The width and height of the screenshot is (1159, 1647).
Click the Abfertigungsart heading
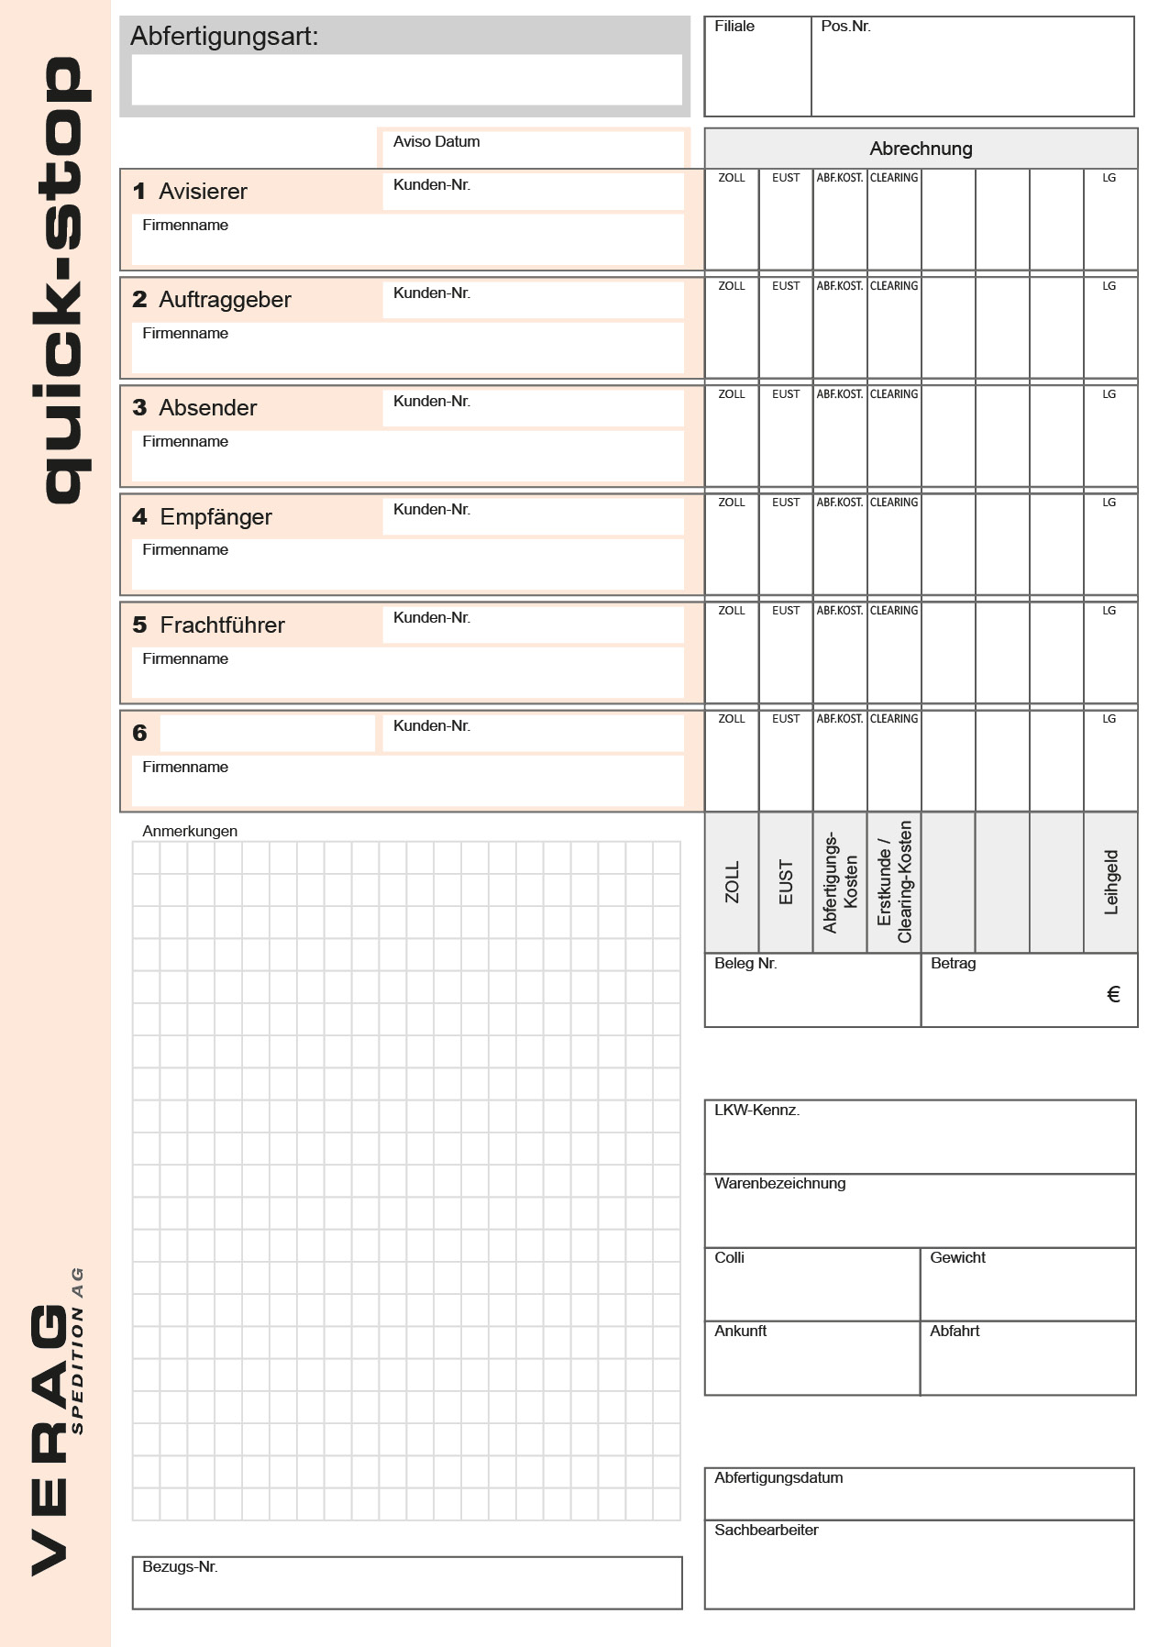click(224, 37)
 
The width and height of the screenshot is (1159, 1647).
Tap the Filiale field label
click(734, 27)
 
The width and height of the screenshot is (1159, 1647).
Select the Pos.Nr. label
click(844, 27)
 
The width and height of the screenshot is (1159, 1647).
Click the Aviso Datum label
click(436, 141)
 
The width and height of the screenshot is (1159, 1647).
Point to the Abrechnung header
click(920, 149)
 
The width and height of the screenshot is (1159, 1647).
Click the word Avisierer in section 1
click(203, 192)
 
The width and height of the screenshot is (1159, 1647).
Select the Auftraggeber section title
click(225, 300)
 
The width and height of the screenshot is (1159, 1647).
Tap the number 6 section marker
click(139, 733)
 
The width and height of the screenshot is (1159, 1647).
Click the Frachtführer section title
click(222, 625)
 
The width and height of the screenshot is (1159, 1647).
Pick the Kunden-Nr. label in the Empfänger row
click(431, 510)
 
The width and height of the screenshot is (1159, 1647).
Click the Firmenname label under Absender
click(184, 442)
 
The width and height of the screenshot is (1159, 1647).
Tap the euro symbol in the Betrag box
click(1113, 995)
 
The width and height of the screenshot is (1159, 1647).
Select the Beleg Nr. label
click(745, 964)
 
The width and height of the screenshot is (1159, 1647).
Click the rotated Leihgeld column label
click(1111, 882)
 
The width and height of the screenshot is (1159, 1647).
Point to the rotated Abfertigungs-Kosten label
click(840, 882)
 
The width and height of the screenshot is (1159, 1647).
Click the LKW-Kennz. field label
click(756, 1111)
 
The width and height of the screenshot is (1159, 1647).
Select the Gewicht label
click(956, 1258)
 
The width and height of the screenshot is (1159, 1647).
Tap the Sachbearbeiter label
click(766, 1531)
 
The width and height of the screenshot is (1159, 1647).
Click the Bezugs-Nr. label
click(180, 1567)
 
